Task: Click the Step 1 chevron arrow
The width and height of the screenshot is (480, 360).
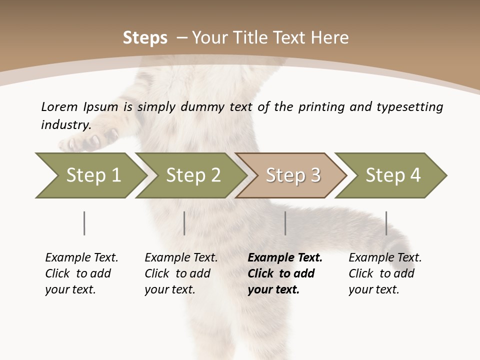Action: click(90, 175)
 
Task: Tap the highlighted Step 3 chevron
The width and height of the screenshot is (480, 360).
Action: click(291, 175)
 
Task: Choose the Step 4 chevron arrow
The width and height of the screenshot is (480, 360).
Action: click(391, 175)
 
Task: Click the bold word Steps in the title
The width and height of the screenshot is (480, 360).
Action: click(145, 38)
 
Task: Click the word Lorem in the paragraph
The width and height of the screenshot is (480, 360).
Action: click(59, 107)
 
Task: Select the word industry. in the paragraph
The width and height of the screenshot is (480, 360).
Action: click(66, 125)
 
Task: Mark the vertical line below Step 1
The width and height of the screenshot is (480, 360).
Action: click(84, 223)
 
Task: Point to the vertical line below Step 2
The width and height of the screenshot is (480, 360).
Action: click(184, 223)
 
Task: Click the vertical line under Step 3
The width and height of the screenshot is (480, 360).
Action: click(285, 223)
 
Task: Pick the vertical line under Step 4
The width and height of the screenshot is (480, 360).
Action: click(386, 223)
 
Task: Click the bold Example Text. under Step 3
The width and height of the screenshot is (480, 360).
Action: click(285, 258)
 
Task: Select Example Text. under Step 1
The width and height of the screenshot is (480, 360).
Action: click(81, 258)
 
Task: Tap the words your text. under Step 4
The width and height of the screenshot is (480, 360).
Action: click(373, 290)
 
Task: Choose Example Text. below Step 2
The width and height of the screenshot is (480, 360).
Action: click(181, 258)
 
